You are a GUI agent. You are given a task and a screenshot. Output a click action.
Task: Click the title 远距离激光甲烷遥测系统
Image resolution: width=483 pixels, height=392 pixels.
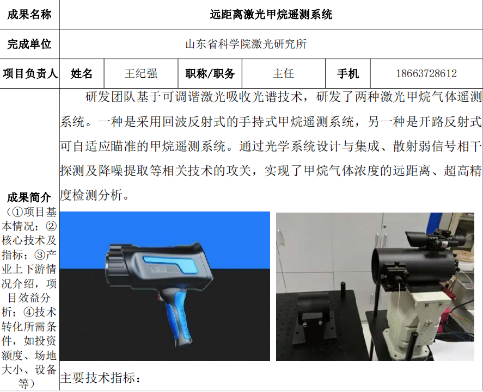pos(271,15)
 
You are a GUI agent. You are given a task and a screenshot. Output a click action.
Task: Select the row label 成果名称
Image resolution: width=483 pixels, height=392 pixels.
pos(29,15)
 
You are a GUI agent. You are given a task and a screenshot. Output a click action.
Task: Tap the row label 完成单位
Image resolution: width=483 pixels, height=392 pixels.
pos(29,44)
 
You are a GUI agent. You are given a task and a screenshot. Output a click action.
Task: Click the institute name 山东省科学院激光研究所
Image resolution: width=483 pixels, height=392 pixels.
pos(246,44)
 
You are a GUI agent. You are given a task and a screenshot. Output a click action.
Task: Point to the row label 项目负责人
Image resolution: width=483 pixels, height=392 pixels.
pos(30,73)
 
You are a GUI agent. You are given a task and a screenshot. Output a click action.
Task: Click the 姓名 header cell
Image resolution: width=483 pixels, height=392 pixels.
pos(82,73)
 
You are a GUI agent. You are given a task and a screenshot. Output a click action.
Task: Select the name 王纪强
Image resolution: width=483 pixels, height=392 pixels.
pos(141,73)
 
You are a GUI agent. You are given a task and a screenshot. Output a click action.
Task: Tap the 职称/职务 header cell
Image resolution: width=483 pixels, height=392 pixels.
pos(210,73)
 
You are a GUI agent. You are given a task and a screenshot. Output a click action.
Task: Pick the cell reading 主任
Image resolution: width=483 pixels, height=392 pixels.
pos(283,73)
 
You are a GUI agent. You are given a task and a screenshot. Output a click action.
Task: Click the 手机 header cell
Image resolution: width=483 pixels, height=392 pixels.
pos(348,73)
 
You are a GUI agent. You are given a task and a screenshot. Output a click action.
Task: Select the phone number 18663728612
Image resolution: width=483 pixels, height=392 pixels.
pos(426,73)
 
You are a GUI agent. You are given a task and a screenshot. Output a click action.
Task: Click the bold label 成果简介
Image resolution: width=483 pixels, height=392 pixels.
pos(29,197)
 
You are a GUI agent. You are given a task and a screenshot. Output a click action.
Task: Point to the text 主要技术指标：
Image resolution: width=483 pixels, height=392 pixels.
pos(100,377)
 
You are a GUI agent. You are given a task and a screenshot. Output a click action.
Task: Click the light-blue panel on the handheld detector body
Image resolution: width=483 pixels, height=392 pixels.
pos(173,263)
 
